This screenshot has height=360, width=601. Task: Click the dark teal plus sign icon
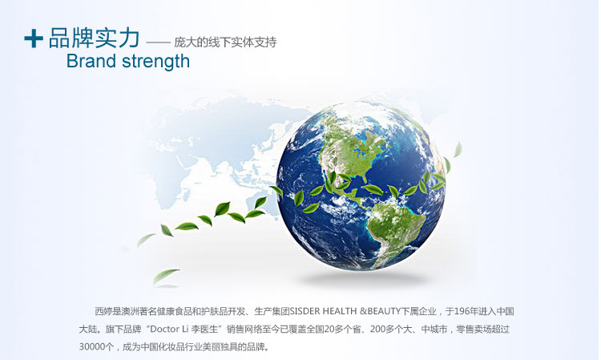click(x=34, y=38)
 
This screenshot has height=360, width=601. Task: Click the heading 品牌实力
click(x=95, y=38)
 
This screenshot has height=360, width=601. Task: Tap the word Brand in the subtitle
click(x=91, y=61)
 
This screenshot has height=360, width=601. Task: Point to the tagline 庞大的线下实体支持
click(x=225, y=42)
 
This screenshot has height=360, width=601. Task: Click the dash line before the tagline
click(x=159, y=42)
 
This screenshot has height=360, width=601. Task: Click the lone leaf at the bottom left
click(x=166, y=275)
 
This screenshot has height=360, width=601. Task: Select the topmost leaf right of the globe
click(x=458, y=149)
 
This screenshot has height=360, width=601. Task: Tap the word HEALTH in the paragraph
click(x=340, y=311)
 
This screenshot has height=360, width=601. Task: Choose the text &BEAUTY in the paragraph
click(x=380, y=311)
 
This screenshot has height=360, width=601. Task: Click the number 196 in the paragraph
click(x=461, y=311)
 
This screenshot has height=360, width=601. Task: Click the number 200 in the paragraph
click(x=377, y=330)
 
